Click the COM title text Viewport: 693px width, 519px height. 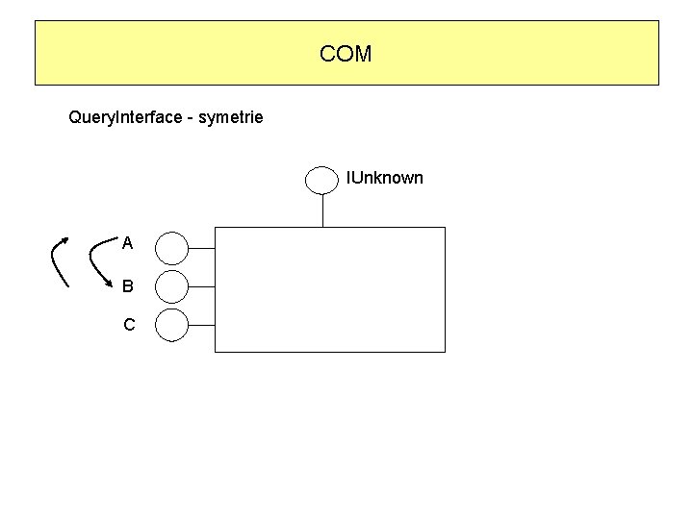pyautogui.click(x=346, y=54)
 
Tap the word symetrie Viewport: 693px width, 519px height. pyautogui.click(x=230, y=118)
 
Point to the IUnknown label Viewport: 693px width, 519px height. pyautogui.click(x=384, y=178)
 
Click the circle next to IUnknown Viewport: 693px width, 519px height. pyautogui.click(x=321, y=179)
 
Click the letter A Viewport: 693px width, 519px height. pyautogui.click(x=128, y=243)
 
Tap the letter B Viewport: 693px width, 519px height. pyautogui.click(x=128, y=285)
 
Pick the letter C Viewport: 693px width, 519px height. pyautogui.click(x=129, y=325)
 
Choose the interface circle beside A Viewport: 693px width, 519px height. pyautogui.click(x=172, y=248)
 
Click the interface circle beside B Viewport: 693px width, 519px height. pyautogui.click(x=172, y=286)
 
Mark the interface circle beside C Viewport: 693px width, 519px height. pyautogui.click(x=172, y=325)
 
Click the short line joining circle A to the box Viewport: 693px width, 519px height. pyautogui.click(x=201, y=248)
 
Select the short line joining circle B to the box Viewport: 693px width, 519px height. pyautogui.click(x=201, y=286)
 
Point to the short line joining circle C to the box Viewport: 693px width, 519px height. pyautogui.click(x=201, y=325)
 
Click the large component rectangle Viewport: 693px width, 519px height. pyautogui.click(x=330, y=289)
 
